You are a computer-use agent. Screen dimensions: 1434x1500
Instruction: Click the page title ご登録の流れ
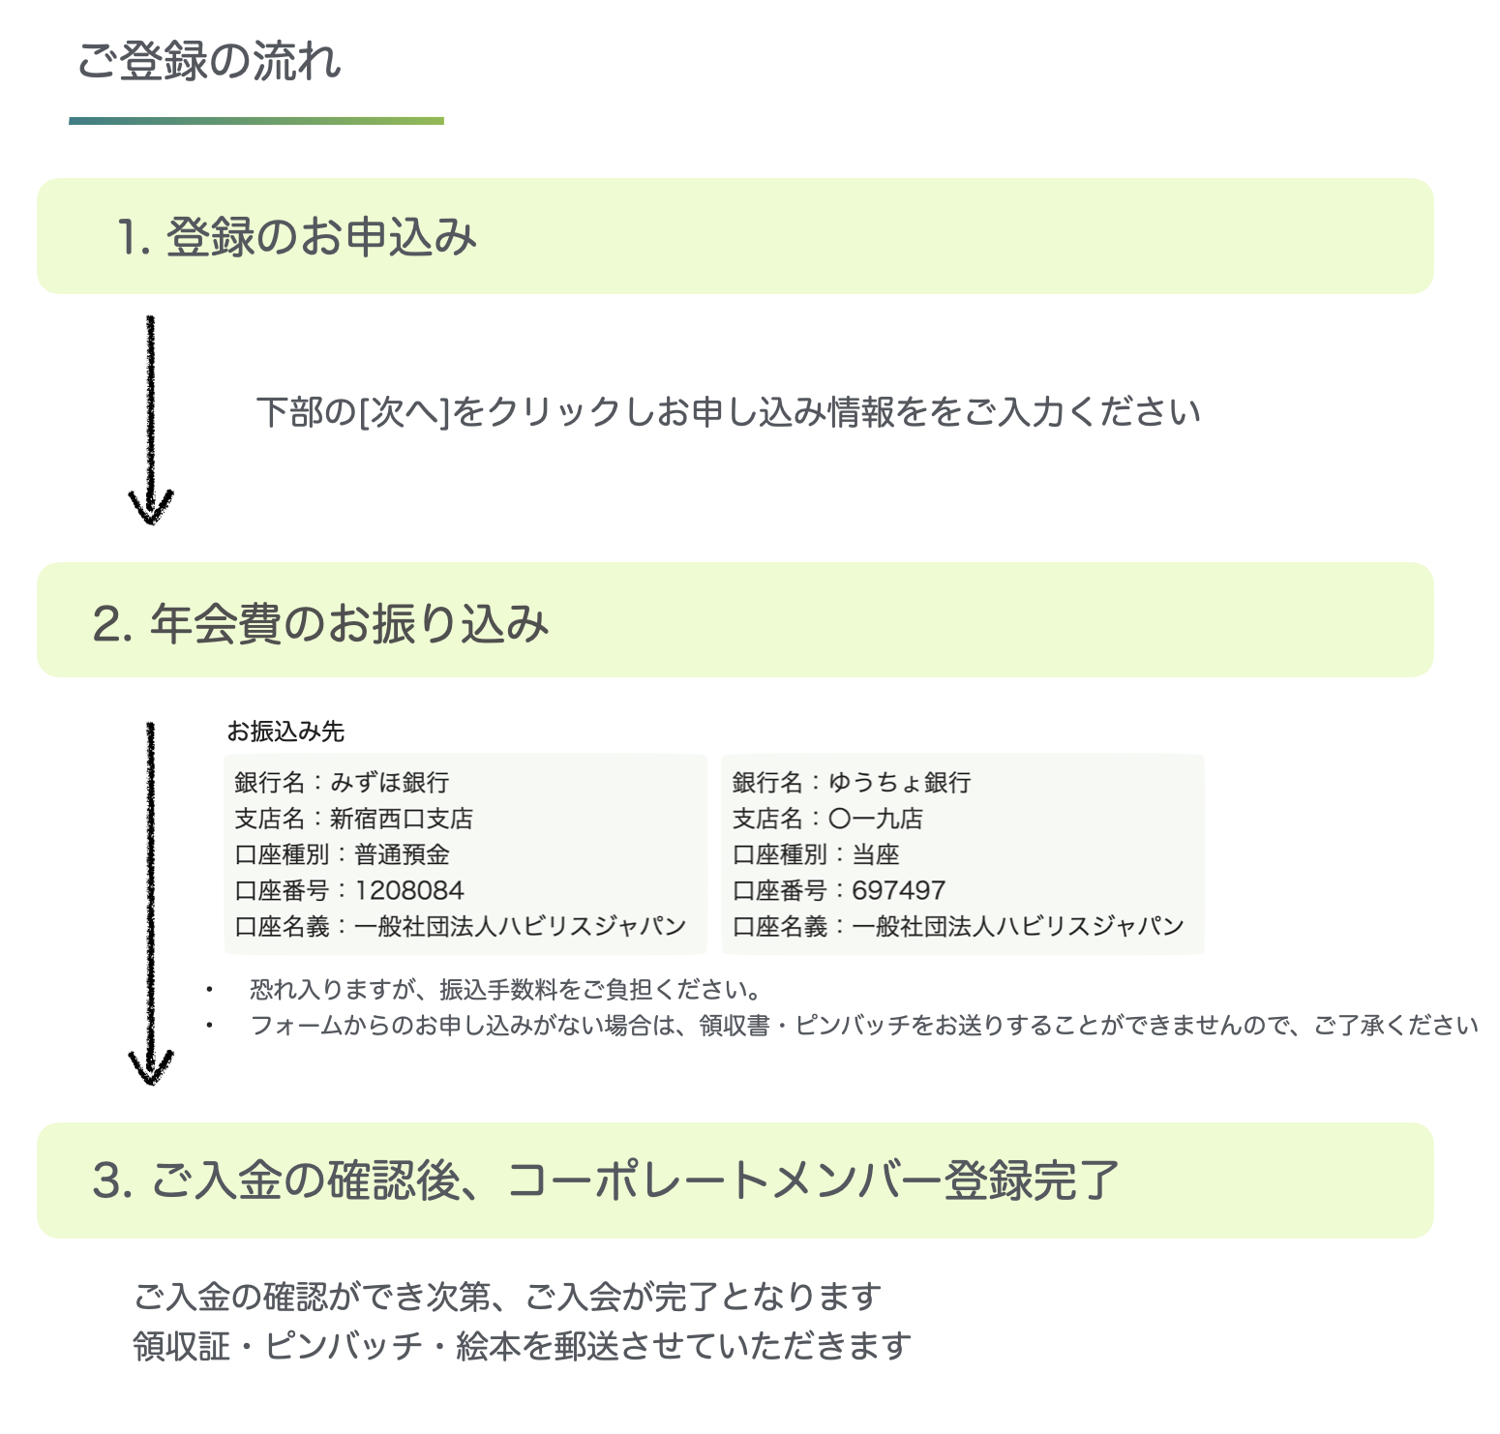coord(209,62)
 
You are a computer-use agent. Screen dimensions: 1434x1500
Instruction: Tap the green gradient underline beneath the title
coord(256,121)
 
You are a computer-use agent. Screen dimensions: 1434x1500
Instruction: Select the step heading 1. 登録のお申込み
coord(297,237)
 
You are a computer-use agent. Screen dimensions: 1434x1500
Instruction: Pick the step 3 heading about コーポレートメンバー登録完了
coord(606,1180)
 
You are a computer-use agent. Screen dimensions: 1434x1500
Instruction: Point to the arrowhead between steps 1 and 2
coord(151,507)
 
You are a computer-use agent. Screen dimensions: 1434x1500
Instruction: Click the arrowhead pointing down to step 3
coord(151,1066)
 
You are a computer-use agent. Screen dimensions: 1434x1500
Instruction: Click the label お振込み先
coord(285,732)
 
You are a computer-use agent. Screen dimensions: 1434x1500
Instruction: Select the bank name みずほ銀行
coord(389,782)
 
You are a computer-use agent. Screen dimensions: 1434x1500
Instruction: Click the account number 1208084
coord(409,890)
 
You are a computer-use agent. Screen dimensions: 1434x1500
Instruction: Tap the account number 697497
coord(898,890)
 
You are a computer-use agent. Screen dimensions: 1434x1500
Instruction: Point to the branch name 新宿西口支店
coord(402,819)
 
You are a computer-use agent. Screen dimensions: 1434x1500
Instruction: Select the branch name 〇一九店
coord(875,819)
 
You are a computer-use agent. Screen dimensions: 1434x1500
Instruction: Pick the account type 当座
coord(875,854)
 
